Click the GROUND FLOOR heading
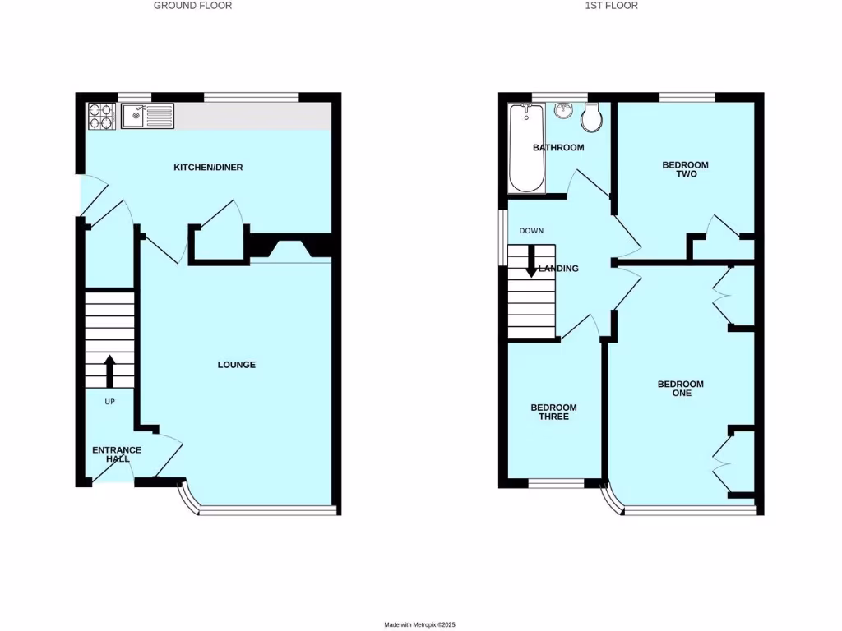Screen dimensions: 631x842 [x=193, y=6]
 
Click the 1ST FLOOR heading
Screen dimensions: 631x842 [x=611, y=6]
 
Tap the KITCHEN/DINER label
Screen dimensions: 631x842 [x=208, y=168]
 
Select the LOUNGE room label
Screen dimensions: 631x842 [x=236, y=365]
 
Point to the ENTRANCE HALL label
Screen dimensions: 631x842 [x=117, y=454]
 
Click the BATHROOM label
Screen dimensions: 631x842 [x=558, y=148]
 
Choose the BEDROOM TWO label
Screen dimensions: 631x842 [x=685, y=169]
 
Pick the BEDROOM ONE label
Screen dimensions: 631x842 [x=681, y=389]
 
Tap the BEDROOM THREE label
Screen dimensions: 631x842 [x=553, y=412]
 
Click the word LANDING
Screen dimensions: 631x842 [x=558, y=269]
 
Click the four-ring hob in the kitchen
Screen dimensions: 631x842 [x=101, y=116]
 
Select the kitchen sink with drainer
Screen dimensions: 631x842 [x=147, y=116]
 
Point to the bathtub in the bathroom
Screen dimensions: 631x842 [x=526, y=148]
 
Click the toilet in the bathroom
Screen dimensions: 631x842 [x=590, y=120]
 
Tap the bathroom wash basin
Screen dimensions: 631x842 [x=563, y=111]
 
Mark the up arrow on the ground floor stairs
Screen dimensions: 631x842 [x=109, y=371]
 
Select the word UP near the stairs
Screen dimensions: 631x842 [x=109, y=402]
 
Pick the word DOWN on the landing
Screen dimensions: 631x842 [x=531, y=231]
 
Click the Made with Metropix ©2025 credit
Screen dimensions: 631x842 [x=420, y=624]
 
